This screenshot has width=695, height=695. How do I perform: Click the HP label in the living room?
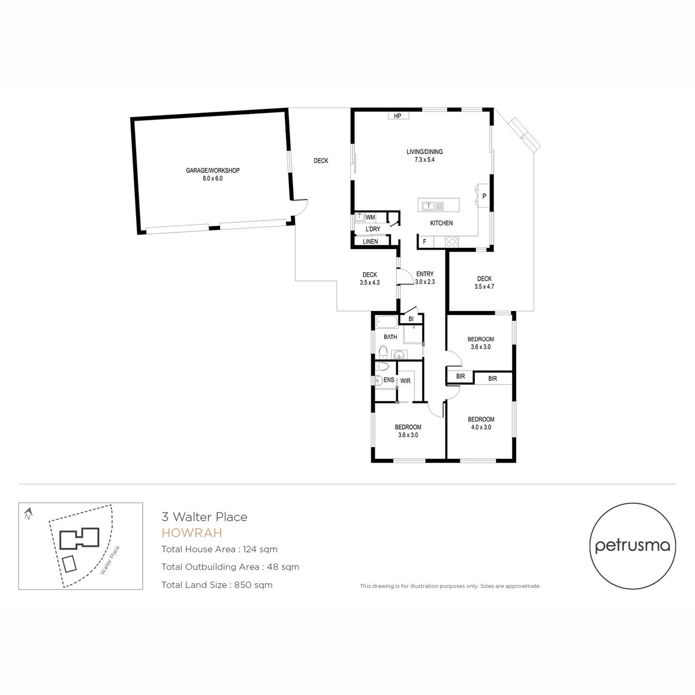pyautogui.click(x=398, y=116)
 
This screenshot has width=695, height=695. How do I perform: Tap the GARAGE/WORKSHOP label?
pyautogui.click(x=213, y=170)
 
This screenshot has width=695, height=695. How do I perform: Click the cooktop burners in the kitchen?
pyautogui.click(x=452, y=242)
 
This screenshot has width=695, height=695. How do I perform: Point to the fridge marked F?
pyautogui.click(x=425, y=242)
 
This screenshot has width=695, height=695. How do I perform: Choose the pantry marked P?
pyautogui.click(x=484, y=196)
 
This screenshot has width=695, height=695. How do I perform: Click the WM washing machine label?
pyautogui.click(x=370, y=217)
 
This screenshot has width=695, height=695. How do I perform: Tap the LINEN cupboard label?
pyautogui.click(x=371, y=242)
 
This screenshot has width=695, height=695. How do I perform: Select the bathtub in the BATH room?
pyautogui.click(x=387, y=321)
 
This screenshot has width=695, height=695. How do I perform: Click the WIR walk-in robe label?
pyautogui.click(x=405, y=381)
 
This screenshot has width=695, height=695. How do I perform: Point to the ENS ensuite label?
pyautogui.click(x=389, y=380)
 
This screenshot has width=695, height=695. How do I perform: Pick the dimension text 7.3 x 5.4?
pyautogui.click(x=425, y=160)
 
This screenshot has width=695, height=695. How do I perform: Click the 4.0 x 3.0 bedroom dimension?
pyautogui.click(x=481, y=427)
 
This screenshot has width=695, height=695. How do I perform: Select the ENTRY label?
pyautogui.click(x=425, y=274)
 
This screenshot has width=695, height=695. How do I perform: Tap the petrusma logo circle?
pyautogui.click(x=632, y=546)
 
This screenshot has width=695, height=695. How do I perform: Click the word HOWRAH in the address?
pyautogui.click(x=192, y=533)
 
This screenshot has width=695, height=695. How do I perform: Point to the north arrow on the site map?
pyautogui.click(x=28, y=513)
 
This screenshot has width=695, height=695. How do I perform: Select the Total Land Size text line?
pyautogui.click(x=217, y=585)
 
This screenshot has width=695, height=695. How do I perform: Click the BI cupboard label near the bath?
pyautogui.click(x=411, y=319)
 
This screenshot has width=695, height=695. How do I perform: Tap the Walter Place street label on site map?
pyautogui.click(x=109, y=560)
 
